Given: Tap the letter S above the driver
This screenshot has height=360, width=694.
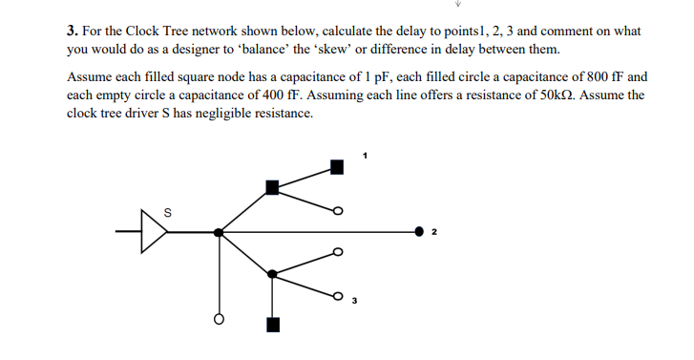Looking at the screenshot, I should pyautogui.click(x=169, y=212).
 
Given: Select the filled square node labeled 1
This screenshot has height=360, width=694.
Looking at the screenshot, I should pyautogui.click(x=337, y=167).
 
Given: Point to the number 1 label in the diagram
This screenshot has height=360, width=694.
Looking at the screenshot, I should pyautogui.click(x=365, y=154).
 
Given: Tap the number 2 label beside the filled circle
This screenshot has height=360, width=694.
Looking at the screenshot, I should pyautogui.click(x=434, y=232).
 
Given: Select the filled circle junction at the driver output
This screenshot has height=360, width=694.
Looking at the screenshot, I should pyautogui.click(x=219, y=232).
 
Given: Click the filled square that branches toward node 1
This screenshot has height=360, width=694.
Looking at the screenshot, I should pyautogui.click(x=273, y=187).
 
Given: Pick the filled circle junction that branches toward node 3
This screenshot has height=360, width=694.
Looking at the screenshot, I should pyautogui.click(x=273, y=274).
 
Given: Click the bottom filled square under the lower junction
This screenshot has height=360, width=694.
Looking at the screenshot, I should pyautogui.click(x=273, y=325).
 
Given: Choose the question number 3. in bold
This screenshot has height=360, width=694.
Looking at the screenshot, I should pyautogui.click(x=73, y=31).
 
